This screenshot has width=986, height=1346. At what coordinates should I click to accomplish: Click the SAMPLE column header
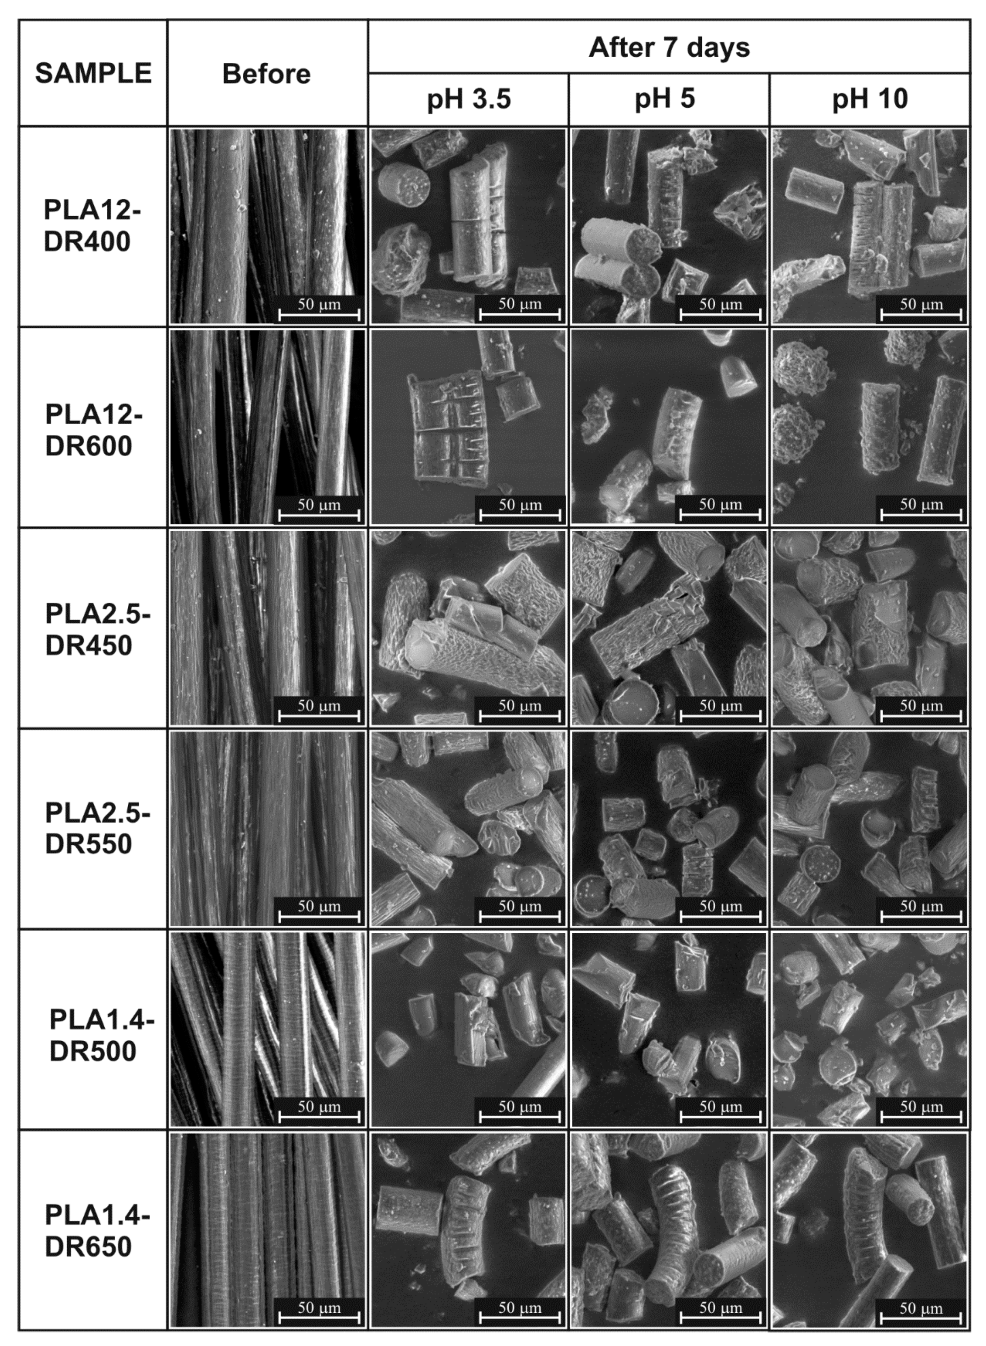(93, 73)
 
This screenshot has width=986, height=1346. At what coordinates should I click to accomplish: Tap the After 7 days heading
(668, 47)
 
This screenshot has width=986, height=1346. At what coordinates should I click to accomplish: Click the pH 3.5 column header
(469, 99)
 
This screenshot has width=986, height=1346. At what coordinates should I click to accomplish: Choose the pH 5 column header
(665, 98)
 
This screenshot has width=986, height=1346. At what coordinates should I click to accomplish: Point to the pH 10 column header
(870, 99)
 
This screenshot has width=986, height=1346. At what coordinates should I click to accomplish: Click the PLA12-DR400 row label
(89, 226)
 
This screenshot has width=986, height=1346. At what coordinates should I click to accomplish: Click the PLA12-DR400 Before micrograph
(267, 226)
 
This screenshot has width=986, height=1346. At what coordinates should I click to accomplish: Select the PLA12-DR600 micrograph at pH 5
(668, 427)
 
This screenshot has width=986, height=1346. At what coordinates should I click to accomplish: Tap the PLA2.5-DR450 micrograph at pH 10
(870, 628)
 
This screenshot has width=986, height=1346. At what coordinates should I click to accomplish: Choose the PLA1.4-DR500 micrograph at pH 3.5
(468, 1029)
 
